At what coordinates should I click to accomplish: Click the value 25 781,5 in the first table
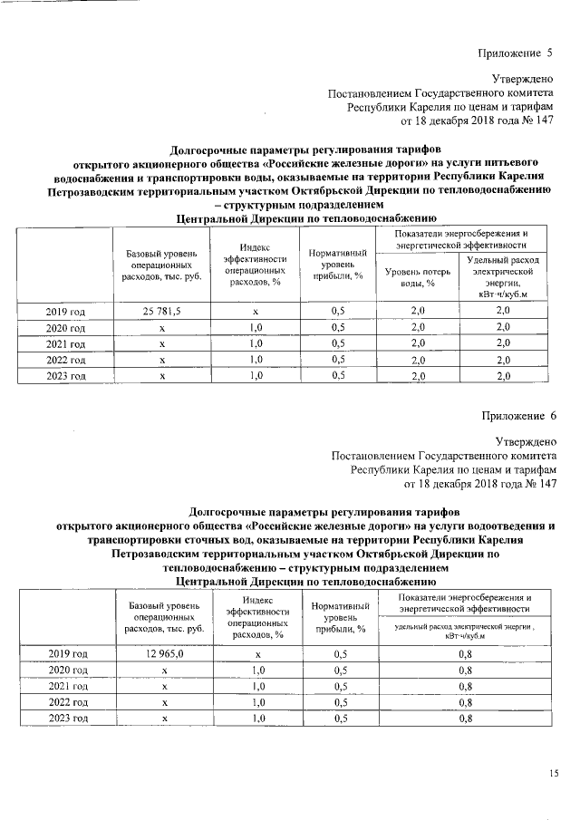pyautogui.click(x=162, y=312)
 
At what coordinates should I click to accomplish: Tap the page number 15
pyautogui.click(x=555, y=772)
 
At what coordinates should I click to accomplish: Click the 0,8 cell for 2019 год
pyautogui.click(x=466, y=653)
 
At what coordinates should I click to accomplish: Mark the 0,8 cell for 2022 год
pyautogui.click(x=466, y=702)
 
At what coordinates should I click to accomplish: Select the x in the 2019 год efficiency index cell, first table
pyautogui.click(x=256, y=312)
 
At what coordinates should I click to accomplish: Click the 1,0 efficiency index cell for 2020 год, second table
pyautogui.click(x=257, y=670)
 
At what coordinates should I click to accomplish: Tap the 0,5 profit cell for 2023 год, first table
pyautogui.click(x=338, y=375)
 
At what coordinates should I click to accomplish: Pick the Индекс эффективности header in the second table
pyautogui.click(x=257, y=616)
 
